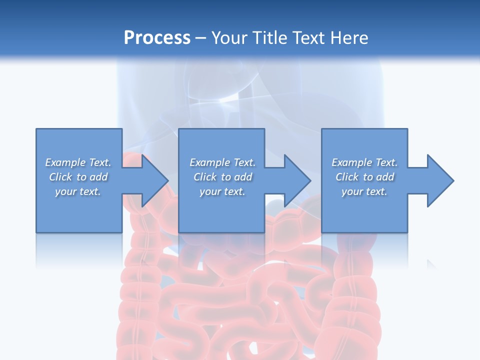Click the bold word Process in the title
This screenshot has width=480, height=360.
[157, 38]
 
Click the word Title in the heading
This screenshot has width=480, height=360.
[269, 38]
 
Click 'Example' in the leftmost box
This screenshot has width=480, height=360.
[65, 162]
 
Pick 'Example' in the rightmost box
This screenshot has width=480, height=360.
[352, 162]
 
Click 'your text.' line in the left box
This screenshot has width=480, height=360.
[78, 191]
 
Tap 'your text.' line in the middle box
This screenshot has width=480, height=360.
[222, 191]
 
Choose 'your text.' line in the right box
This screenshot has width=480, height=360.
[364, 191]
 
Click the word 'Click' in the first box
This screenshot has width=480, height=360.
[60, 177]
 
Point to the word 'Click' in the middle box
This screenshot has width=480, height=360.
[205, 177]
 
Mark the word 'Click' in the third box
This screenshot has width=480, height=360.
[347, 177]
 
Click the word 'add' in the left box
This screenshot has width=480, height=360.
[98, 177]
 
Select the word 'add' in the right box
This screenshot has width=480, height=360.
[385, 177]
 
